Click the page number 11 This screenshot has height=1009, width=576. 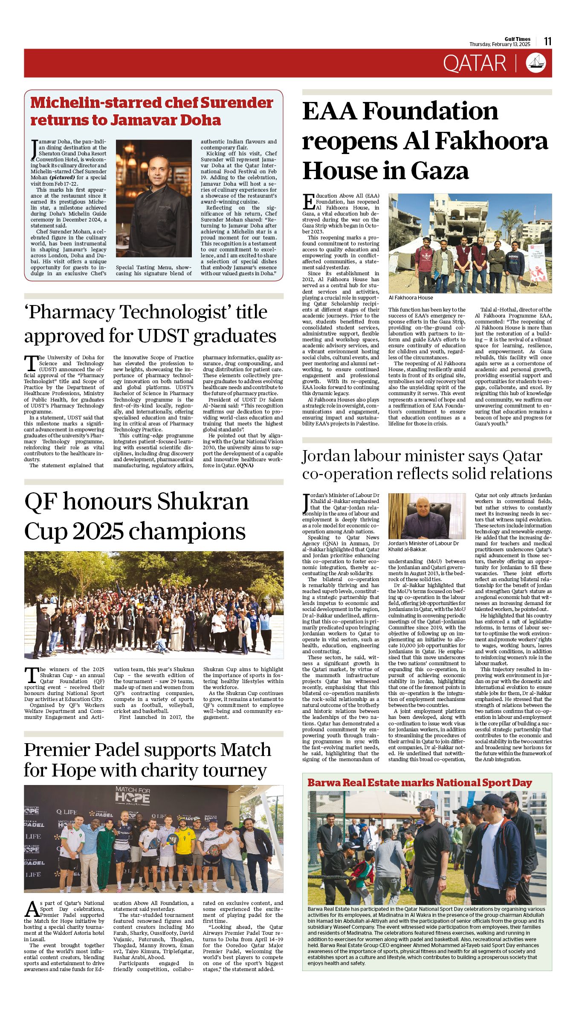pos(548,41)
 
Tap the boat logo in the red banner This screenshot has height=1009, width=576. pos(536,63)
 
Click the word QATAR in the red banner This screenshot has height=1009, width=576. pos(474,64)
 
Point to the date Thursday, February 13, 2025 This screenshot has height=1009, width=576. pos(500,44)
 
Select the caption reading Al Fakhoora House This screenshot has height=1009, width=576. pos(411,298)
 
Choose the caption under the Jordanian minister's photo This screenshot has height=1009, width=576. pos(423,546)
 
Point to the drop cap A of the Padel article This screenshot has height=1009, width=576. pos(32,909)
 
